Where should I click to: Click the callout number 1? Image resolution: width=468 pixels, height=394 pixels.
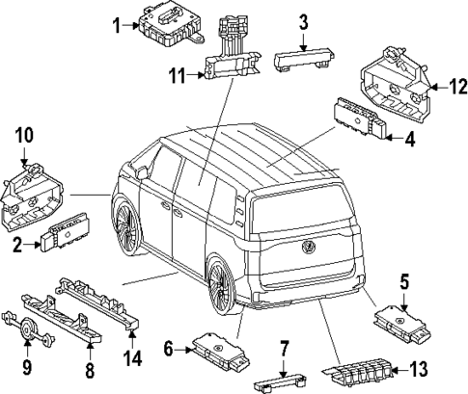117,26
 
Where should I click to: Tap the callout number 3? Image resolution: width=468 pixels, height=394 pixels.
302,21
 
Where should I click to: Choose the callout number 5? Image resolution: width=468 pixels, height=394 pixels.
405,283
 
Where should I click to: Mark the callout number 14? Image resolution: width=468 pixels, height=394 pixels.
132,359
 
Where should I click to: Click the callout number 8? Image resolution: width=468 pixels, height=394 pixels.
91,367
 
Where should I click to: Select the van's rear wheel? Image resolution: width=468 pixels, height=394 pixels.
222,289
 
